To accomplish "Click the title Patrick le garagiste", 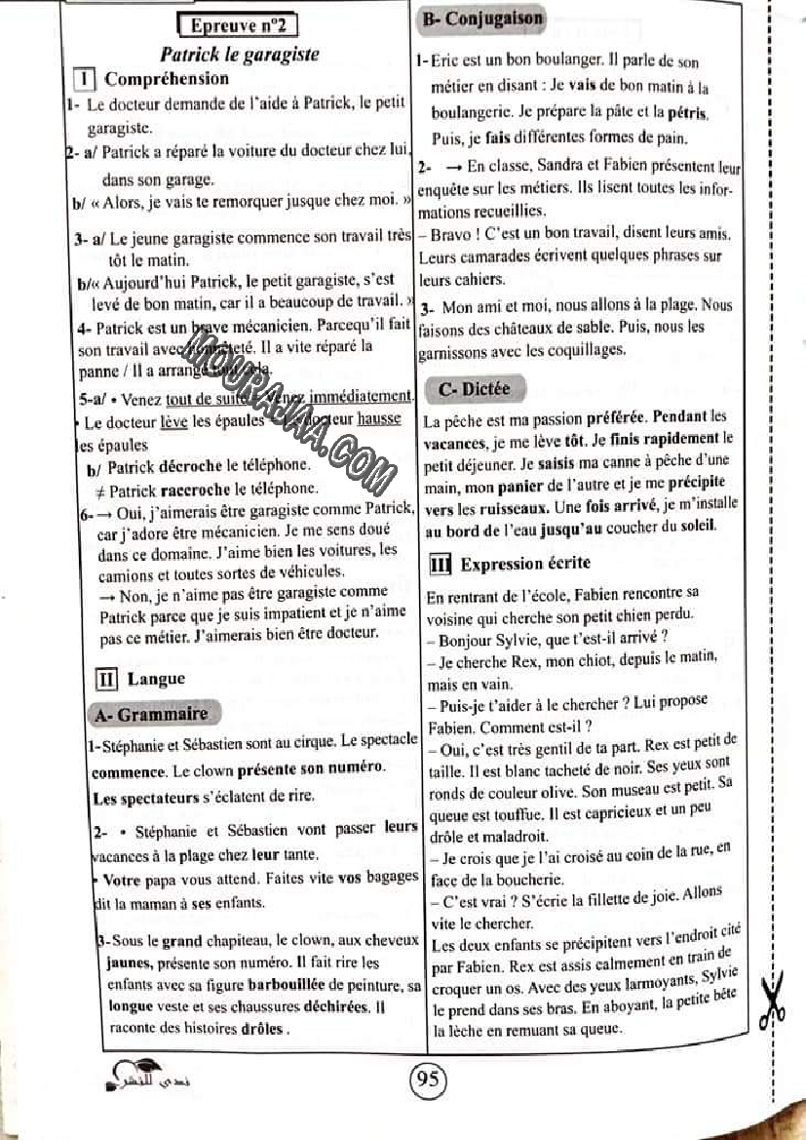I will click(239, 54).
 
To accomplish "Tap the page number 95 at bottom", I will click(427, 1079).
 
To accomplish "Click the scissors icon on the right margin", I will click(774, 1003).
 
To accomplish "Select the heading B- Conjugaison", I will click(480, 19).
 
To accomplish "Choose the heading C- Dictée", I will click(474, 388).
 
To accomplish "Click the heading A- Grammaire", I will click(152, 714).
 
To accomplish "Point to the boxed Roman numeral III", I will click(440, 564).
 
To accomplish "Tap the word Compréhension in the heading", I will click(167, 79).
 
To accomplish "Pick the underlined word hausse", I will click(378, 421).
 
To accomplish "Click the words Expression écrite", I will click(525, 564).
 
